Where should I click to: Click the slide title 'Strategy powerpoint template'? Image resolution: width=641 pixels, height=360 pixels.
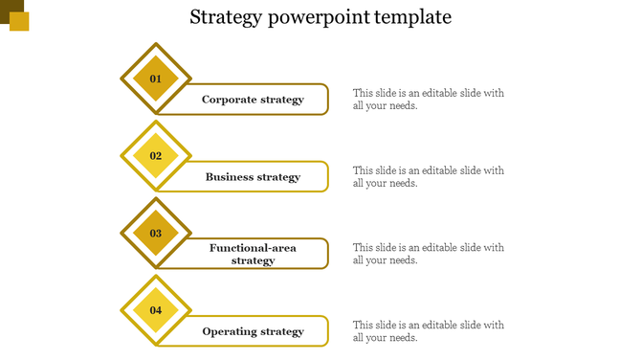[320, 17]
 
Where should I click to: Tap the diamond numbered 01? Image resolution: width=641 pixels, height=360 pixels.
[156, 79]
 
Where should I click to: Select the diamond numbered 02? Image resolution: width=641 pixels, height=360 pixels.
[156, 156]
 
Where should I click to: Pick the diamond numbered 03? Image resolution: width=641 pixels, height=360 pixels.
[156, 233]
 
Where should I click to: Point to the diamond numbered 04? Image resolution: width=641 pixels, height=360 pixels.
[156, 310]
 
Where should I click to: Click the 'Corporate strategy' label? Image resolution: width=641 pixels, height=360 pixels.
[253, 100]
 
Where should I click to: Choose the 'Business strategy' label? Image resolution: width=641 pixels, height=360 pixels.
[253, 177]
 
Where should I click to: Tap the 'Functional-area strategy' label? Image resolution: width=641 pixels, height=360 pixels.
[253, 254]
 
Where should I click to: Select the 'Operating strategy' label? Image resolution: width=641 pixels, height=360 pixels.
[253, 331]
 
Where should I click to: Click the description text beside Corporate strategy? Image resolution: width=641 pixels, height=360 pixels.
[428, 100]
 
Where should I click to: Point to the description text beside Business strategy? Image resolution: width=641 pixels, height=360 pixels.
[428, 177]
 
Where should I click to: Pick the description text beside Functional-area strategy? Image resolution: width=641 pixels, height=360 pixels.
[428, 254]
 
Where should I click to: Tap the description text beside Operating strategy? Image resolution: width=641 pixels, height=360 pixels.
[428, 331]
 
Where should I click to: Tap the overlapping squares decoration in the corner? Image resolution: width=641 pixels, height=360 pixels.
[14, 14]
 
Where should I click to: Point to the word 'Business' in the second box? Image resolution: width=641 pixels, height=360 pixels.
[229, 177]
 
